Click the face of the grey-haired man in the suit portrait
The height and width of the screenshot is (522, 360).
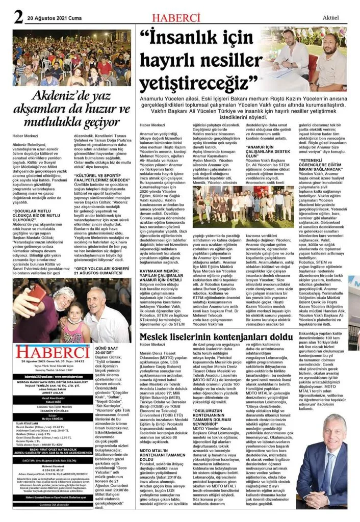point(333,431)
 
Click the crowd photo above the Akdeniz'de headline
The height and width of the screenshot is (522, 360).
point(71,58)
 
